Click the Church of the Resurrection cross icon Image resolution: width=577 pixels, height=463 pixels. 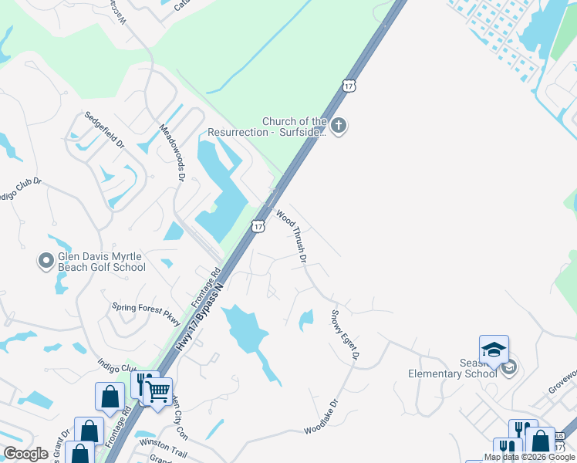339,125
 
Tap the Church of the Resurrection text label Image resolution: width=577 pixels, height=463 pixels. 294,127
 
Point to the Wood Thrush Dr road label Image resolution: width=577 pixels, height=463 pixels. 292,235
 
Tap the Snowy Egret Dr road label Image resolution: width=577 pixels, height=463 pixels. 345,334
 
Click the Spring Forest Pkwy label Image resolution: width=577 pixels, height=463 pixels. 146,310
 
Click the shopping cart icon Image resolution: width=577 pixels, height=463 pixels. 158,392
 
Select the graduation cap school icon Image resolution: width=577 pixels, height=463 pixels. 494,350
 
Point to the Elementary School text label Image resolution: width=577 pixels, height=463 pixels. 454,373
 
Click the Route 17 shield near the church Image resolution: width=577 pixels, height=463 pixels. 349,86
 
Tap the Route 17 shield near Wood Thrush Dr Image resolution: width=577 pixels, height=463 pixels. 258,225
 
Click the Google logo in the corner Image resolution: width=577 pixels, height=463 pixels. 25,454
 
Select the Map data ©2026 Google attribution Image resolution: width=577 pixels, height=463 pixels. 529,457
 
